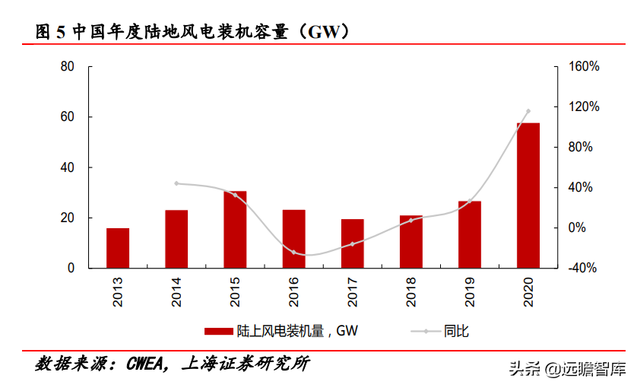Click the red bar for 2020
coord(528,196)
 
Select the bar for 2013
coord(118,248)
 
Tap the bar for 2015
coord(235,230)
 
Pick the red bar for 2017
coord(353,243)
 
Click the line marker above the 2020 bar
coord(528,111)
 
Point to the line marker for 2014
coord(176,183)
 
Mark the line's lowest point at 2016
coord(293,253)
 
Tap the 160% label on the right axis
coord(584,67)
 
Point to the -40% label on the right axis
coord(584,269)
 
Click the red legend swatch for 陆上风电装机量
coord(217,331)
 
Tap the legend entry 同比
coord(455,331)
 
